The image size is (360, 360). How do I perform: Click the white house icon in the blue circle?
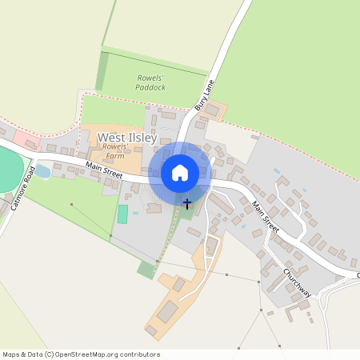tap(180, 173)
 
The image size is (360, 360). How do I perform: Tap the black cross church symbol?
tap(187, 205)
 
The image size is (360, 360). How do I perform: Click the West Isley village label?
tap(128, 138)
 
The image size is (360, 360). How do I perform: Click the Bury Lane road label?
tap(206, 95)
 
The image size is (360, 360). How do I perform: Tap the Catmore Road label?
tap(22, 190)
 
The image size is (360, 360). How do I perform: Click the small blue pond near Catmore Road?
tap(42, 171)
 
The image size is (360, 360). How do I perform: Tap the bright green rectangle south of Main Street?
tap(122, 214)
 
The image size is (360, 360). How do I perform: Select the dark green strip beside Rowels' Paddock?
tap(102, 71)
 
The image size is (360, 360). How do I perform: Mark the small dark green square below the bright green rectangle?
tap(146, 270)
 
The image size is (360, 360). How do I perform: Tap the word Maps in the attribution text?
tap(12, 354)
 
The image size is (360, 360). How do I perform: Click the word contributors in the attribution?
tap(139, 354)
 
